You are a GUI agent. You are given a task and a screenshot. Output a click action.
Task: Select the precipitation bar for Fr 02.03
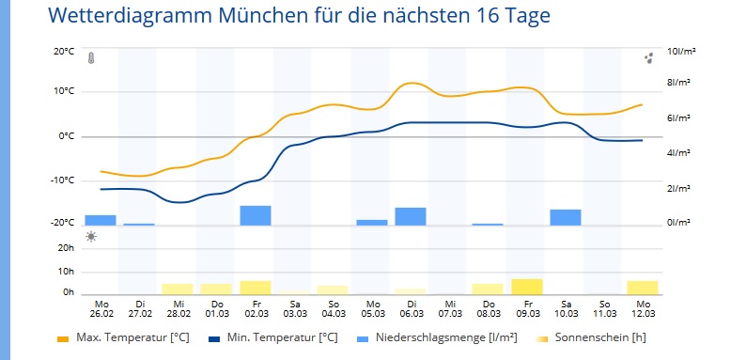point(256,215)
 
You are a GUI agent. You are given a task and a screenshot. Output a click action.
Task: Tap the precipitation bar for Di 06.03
point(411,216)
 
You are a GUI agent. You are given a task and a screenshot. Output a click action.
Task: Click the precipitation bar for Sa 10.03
point(566,217)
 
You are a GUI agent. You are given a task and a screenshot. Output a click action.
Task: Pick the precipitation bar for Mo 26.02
point(101,220)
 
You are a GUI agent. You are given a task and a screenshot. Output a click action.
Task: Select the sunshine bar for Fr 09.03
point(527,287)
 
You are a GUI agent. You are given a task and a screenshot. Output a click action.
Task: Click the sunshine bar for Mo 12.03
point(643,288)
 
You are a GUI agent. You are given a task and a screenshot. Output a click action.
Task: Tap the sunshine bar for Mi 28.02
point(178,290)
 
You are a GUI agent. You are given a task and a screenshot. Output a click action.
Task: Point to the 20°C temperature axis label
point(64,52)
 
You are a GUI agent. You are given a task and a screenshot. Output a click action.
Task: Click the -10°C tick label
point(63,180)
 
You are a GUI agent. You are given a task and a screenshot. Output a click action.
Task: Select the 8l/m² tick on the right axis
point(679,82)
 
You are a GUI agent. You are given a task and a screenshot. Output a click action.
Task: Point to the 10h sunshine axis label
point(66,272)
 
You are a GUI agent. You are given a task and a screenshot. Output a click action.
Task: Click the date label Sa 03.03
point(295,309)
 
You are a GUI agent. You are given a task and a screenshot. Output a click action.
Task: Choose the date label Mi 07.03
point(450,309)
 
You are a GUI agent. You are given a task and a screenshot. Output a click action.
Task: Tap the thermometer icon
point(91,58)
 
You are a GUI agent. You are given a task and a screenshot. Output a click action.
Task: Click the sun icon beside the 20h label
point(91,237)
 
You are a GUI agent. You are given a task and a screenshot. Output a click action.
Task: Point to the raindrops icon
point(648,58)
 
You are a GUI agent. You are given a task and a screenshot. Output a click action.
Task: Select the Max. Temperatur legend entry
point(123,338)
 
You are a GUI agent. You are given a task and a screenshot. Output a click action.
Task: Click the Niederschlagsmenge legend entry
point(437,338)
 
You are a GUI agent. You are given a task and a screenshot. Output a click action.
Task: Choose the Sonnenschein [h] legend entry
point(590,338)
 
